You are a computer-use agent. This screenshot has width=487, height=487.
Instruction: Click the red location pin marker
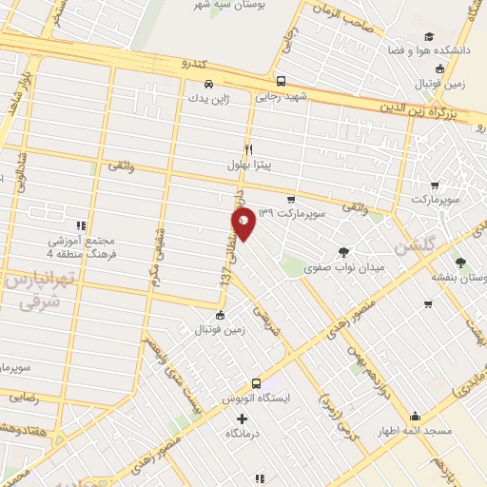pos(243,224)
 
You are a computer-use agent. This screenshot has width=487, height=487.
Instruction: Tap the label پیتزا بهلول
pos(248,166)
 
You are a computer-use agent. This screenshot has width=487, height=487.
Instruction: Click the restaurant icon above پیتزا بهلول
pos(248,149)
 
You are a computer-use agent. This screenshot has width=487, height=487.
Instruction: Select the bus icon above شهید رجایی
pos(280,82)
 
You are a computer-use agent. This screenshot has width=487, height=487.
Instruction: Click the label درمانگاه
pos(243,434)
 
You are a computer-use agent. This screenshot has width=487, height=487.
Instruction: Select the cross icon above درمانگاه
pos(243,419)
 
